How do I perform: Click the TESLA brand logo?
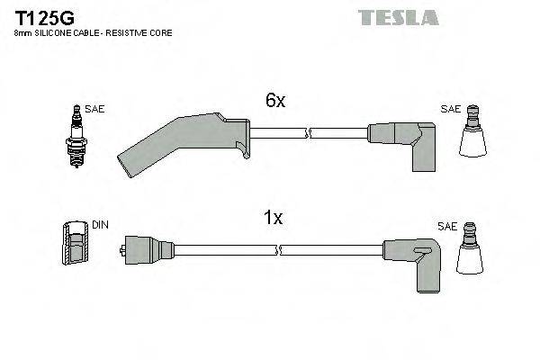click(397, 17)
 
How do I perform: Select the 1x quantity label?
click(273, 218)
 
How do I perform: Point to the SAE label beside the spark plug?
click(96, 109)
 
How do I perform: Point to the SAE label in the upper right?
click(450, 109)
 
